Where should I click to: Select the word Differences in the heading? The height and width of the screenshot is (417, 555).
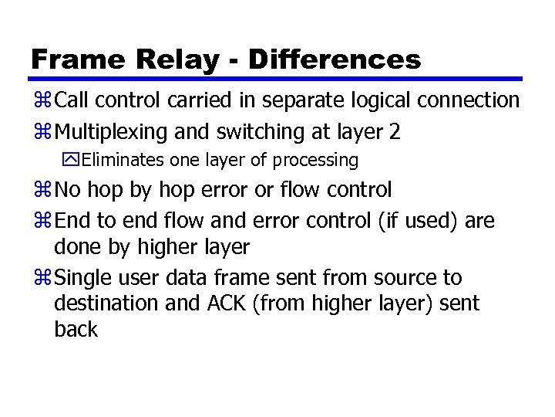click(x=335, y=59)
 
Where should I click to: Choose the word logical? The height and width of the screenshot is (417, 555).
click(x=384, y=100)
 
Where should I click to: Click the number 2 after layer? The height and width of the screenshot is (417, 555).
click(x=395, y=132)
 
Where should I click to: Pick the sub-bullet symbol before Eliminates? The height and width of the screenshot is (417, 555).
click(x=72, y=161)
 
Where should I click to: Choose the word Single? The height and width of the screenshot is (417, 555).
click(x=83, y=278)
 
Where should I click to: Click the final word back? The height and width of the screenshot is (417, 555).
click(x=76, y=330)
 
